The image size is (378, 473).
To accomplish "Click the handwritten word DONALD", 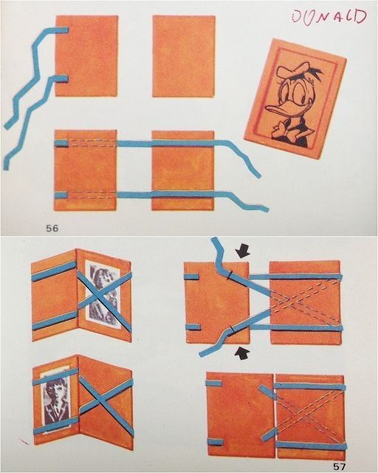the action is [x=329, y=16].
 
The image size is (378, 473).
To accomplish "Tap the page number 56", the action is [x=52, y=228].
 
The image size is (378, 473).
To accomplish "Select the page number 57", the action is [x=339, y=466].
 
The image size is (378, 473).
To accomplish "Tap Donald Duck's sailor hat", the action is [x=290, y=69].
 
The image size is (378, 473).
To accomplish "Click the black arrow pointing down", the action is [x=244, y=251].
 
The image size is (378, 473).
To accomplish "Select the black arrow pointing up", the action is [x=243, y=353].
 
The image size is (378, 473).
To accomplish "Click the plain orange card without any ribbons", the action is [x=184, y=56].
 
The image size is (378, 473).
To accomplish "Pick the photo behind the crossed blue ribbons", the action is [x=103, y=294].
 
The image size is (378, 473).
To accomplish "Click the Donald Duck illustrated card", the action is [x=295, y=98].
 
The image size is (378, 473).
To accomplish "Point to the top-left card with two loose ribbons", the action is [x=86, y=56].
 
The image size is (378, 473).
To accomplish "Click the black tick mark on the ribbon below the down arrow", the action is [x=230, y=274].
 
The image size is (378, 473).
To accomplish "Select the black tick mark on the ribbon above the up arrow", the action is [x=231, y=330].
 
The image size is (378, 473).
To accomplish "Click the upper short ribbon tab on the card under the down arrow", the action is [x=192, y=277].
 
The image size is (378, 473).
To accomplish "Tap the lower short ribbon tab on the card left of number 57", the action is [x=214, y=443].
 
